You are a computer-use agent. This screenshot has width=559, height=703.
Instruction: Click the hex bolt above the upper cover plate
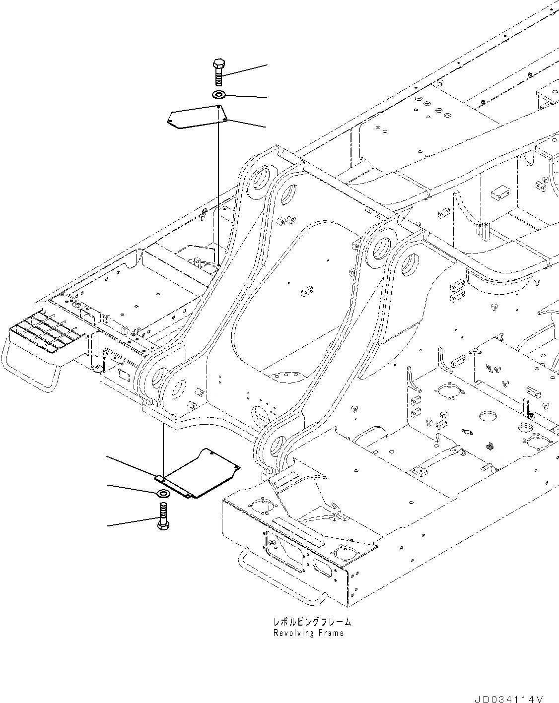pyautogui.click(x=218, y=72)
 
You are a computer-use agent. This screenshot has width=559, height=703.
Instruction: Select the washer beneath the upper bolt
pyautogui.click(x=218, y=94)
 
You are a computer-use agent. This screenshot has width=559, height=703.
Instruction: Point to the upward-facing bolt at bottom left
pyautogui.click(x=163, y=517)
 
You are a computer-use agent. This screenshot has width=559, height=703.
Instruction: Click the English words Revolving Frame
pyautogui.click(x=308, y=633)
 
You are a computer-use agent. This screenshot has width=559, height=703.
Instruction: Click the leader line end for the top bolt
pyautogui.click(x=267, y=64)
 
